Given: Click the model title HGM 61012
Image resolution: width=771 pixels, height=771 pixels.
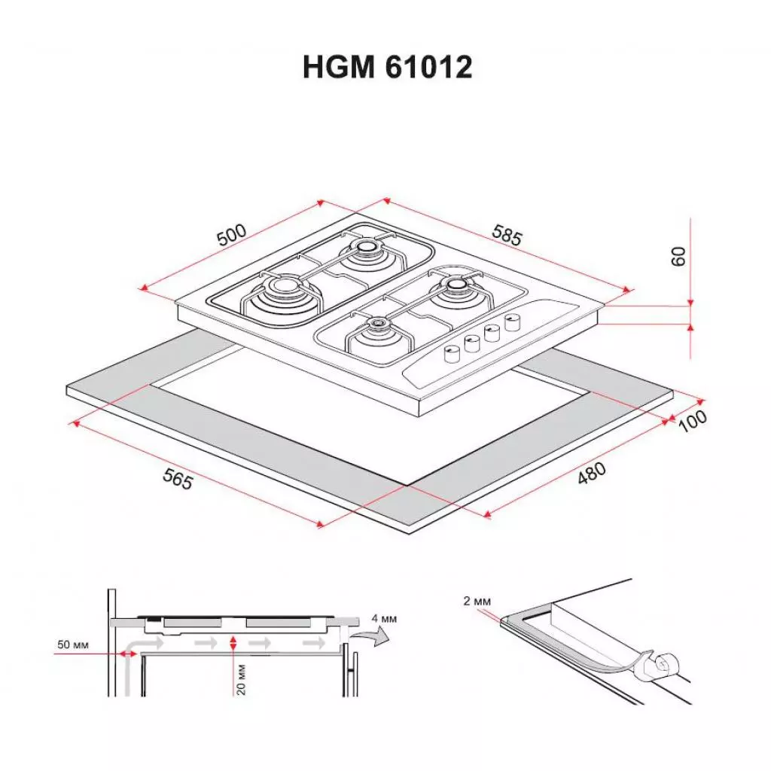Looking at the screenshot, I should [x=387, y=68].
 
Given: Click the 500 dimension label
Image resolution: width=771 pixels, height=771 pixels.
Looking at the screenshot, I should [x=232, y=235].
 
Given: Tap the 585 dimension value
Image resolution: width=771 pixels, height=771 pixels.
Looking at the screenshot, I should [x=506, y=235].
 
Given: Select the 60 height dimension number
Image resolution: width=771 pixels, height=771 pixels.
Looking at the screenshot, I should [x=679, y=256].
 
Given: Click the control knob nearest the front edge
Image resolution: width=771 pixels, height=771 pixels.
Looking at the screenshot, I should [x=452, y=352].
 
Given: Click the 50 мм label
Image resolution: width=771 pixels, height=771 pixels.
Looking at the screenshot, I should [x=72, y=646].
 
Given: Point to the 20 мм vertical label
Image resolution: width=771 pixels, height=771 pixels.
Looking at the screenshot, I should [x=242, y=678].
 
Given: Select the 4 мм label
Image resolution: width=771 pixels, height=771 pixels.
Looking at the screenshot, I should [x=383, y=619].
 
